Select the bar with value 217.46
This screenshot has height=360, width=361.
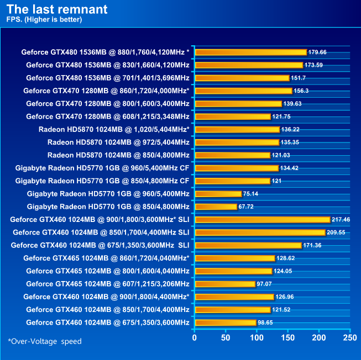pyautogui.click(x=262, y=220)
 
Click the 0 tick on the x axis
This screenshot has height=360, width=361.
pyautogui.click(x=194, y=337)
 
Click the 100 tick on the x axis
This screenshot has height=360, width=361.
pyautogui.click(x=256, y=337)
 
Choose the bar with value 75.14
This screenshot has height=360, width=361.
pyautogui.click(x=218, y=194)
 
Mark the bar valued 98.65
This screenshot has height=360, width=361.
pyautogui.click(x=225, y=322)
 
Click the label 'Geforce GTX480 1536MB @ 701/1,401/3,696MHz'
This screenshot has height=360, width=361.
pyautogui.click(x=107, y=78)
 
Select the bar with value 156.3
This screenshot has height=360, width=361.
pyautogui.click(x=243, y=91)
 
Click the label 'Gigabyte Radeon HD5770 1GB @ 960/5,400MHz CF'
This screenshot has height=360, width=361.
pyautogui.click(x=102, y=168)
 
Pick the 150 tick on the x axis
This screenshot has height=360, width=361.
pyautogui.click(x=287, y=337)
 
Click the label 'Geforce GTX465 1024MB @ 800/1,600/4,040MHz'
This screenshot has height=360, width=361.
pyautogui.click(x=107, y=271)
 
